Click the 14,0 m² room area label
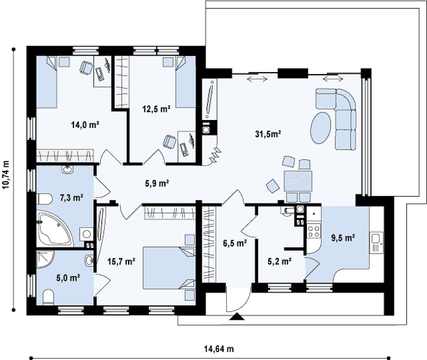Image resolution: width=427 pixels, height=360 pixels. [x=85, y=125]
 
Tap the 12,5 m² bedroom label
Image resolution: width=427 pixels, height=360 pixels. [x=157, y=109]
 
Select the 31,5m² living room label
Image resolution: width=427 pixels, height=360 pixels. [x=268, y=134]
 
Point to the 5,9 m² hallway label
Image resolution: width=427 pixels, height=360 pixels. [x=157, y=183]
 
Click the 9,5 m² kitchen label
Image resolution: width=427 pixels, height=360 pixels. [x=343, y=238]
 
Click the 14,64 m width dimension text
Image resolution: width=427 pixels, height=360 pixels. [x=219, y=349]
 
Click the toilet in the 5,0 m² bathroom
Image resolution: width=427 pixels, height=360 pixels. [x=48, y=297]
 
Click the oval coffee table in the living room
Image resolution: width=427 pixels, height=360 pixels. [x=321, y=127]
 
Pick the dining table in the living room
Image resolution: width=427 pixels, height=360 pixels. [x=298, y=181]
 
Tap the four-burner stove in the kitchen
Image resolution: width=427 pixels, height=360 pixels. [x=313, y=232]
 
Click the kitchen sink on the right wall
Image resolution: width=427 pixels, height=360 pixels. [x=377, y=243]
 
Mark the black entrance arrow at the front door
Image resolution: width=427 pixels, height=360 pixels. [x=237, y=317]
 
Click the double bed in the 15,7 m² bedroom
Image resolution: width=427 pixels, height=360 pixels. [x=169, y=268]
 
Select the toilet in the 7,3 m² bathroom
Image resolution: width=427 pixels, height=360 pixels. [x=44, y=199]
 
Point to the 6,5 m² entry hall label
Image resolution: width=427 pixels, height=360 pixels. [x=235, y=243]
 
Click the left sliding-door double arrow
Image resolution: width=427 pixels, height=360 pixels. [x=257, y=79]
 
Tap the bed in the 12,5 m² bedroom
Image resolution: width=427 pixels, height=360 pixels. [x=186, y=82]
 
